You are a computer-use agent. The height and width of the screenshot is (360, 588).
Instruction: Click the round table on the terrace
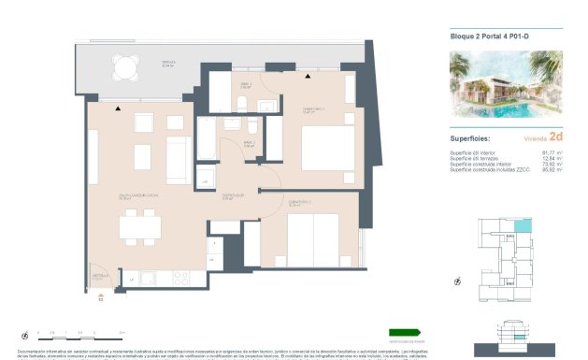(x=123, y=66)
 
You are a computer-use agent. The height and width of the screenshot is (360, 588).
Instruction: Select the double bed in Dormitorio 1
(x=326, y=148)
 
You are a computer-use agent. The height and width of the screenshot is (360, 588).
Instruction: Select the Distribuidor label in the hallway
(x=233, y=196)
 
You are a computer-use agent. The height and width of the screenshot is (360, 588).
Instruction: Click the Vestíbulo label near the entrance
(x=100, y=277)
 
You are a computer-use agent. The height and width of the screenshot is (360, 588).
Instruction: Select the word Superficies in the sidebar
(x=471, y=137)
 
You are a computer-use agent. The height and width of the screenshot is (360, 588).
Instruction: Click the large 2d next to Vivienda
(x=556, y=136)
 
